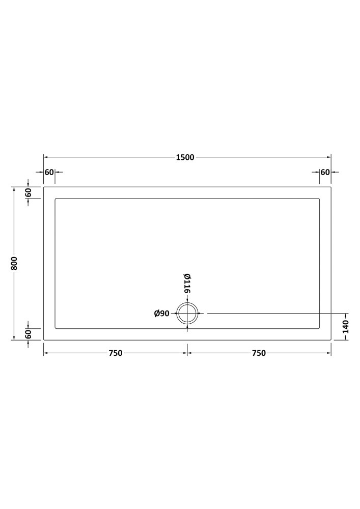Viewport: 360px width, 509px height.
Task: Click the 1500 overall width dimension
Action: pos(185,157)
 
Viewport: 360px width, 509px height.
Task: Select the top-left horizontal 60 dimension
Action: pos(49,172)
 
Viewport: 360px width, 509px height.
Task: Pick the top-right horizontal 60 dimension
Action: pos(325,172)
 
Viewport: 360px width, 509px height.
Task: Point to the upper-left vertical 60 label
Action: pos(28,192)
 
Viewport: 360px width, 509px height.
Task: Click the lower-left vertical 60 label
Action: pos(28,334)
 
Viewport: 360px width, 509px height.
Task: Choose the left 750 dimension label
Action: pos(116,353)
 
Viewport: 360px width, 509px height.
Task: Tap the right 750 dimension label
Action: pos(259,353)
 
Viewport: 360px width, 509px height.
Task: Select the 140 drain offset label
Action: pos(345,327)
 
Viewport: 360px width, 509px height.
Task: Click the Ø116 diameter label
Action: pos(187,284)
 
